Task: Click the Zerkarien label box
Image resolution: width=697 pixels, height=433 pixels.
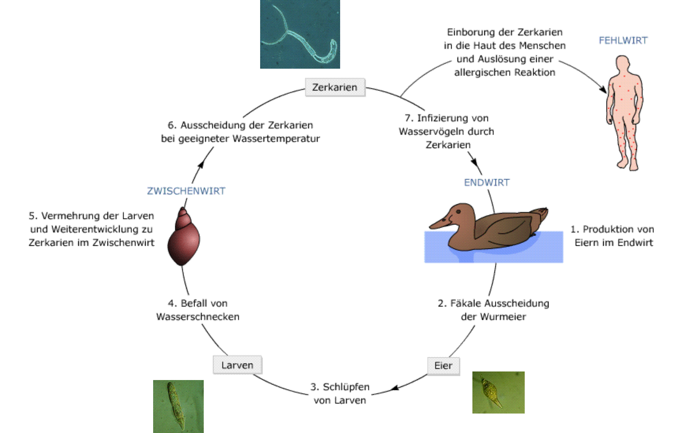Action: [335, 87]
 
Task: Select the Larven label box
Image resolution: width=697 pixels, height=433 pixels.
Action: [237, 365]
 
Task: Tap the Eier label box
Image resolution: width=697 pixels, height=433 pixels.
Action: [443, 366]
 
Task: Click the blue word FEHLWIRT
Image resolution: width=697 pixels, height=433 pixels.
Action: [623, 41]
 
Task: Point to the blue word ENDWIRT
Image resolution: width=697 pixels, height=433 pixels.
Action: [486, 182]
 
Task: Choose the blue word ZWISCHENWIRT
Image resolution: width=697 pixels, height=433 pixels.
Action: [186, 191]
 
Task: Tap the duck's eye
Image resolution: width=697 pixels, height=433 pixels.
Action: [458, 212]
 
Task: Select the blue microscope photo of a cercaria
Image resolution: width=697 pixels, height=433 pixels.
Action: [300, 34]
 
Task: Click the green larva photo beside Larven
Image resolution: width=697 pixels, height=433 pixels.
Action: [178, 406]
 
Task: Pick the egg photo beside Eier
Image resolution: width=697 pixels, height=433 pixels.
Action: [498, 392]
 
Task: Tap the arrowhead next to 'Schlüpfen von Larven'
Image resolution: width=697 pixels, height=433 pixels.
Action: [395, 388]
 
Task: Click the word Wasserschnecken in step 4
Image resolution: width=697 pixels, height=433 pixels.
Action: [198, 317]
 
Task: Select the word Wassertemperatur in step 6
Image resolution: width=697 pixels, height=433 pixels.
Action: [276, 139]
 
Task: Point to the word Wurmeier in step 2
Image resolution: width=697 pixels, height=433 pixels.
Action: [503, 317]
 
